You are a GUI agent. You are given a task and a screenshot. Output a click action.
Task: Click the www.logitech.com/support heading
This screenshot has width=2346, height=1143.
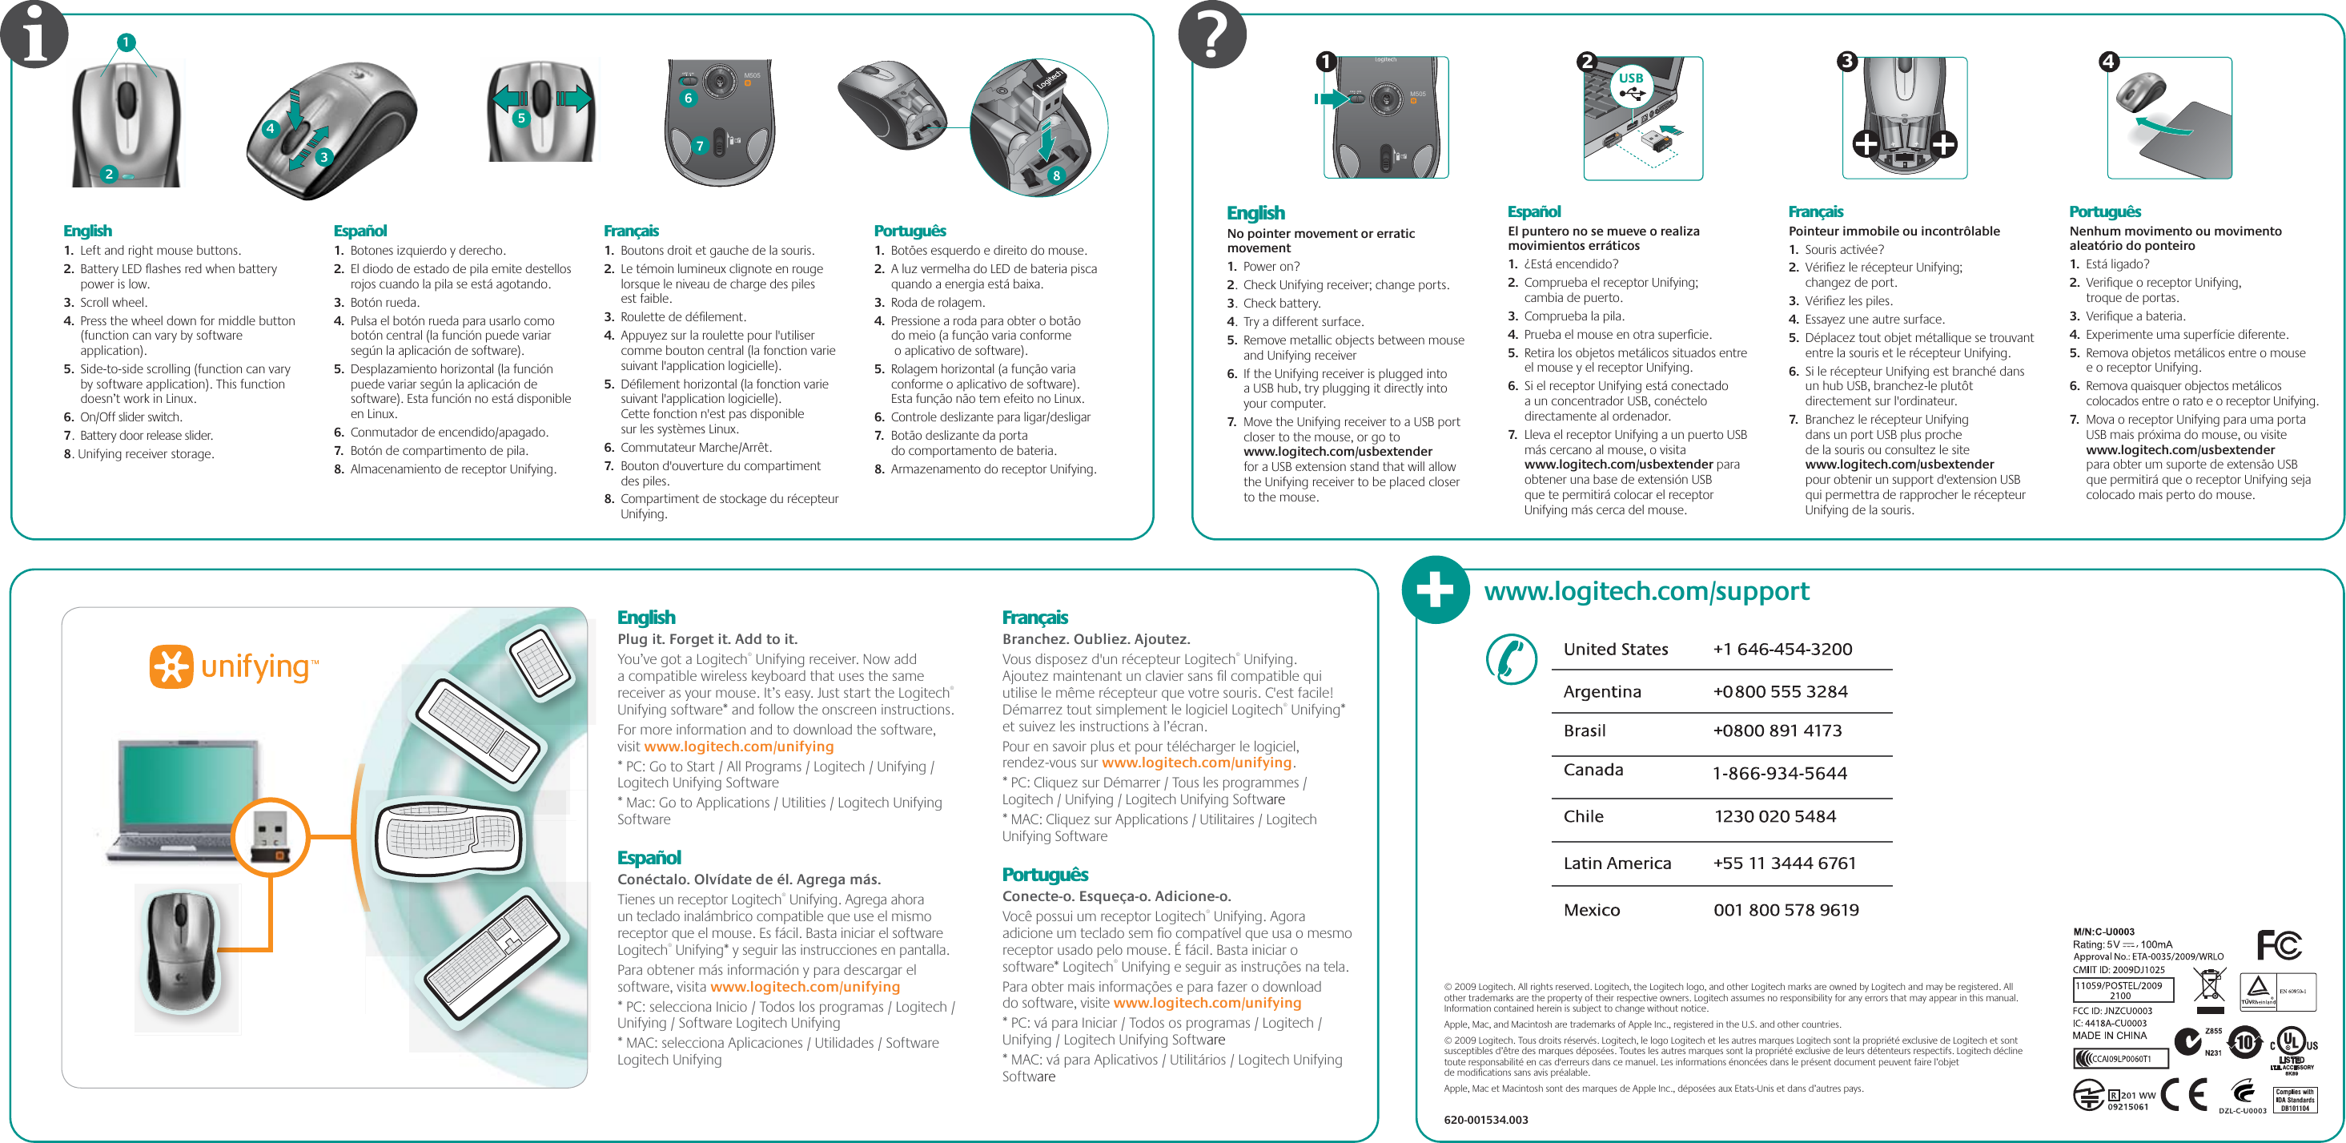1645,592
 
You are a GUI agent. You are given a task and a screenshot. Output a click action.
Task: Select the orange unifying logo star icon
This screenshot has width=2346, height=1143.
171,666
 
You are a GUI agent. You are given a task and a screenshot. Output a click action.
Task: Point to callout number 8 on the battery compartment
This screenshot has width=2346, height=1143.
1055,175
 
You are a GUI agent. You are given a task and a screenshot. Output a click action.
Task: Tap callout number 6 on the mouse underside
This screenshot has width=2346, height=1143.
688,99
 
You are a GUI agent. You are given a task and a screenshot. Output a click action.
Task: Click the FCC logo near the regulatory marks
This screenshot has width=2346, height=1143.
2279,945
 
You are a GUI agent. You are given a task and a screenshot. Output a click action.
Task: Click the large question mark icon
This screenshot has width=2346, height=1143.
1212,35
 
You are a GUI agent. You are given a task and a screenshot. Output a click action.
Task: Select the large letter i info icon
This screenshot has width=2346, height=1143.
34,35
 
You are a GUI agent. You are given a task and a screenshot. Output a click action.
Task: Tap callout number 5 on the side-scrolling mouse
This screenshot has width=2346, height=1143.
521,119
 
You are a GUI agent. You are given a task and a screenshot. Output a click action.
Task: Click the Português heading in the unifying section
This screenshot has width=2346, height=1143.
1045,875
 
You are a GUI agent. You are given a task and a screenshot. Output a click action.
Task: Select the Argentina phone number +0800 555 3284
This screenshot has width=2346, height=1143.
1780,691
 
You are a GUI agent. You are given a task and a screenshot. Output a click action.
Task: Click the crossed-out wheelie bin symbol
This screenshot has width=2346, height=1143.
2209,989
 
